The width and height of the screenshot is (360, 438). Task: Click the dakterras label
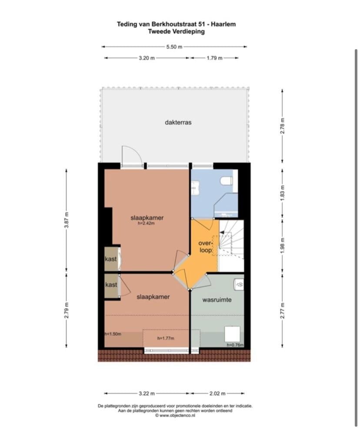(178, 122)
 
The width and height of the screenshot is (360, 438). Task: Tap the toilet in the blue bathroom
(227, 181)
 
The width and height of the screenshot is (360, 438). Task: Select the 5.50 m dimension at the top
(174, 47)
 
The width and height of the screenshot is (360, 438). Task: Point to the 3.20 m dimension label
(147, 58)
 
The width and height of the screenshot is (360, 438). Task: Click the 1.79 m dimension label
(214, 58)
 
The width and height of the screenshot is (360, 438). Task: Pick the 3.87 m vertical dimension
(67, 220)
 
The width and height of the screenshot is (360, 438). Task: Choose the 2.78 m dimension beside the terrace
(282, 126)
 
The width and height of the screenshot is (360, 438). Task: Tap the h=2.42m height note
(146, 223)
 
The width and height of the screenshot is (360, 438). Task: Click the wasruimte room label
(217, 300)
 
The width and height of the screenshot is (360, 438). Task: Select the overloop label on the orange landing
(205, 247)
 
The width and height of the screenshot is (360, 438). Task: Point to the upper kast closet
(111, 259)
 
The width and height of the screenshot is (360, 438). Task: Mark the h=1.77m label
(166, 338)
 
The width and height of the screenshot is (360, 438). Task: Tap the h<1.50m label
(113, 334)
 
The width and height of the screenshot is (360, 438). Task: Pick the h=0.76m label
(235, 344)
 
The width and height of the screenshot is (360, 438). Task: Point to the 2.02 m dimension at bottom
(217, 394)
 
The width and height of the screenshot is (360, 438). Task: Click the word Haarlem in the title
(223, 24)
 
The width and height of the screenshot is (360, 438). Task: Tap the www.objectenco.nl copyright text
(175, 415)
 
